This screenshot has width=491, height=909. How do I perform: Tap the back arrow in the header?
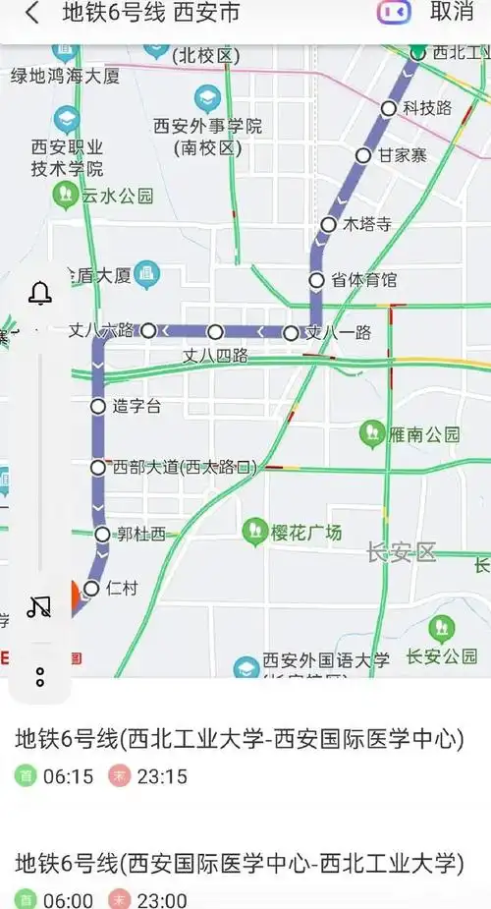tap(32, 14)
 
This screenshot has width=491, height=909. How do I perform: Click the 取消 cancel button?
tap(452, 13)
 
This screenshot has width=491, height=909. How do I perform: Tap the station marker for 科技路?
tap(389, 108)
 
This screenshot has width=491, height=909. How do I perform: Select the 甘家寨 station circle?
tap(363, 155)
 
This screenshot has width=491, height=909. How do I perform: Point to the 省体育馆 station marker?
tap(316, 280)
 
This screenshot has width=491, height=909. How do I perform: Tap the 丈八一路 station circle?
tap(291, 333)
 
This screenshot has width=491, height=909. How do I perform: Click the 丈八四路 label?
tap(215, 354)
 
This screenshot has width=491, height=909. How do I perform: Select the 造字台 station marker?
tap(98, 406)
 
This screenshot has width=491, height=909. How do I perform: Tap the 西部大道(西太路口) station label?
tap(185, 468)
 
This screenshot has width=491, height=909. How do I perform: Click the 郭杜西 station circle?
tap(102, 535)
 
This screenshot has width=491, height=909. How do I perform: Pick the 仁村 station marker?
tap(91, 588)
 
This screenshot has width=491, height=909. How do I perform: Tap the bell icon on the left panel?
tap(40, 293)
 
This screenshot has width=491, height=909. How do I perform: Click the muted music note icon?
tap(39, 606)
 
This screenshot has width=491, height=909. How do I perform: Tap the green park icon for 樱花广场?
tap(254, 533)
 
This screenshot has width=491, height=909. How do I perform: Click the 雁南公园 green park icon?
tap(372, 432)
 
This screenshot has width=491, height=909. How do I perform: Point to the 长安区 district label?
tap(400, 553)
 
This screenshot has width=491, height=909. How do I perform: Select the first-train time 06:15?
tap(68, 777)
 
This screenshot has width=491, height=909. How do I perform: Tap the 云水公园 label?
tap(118, 196)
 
